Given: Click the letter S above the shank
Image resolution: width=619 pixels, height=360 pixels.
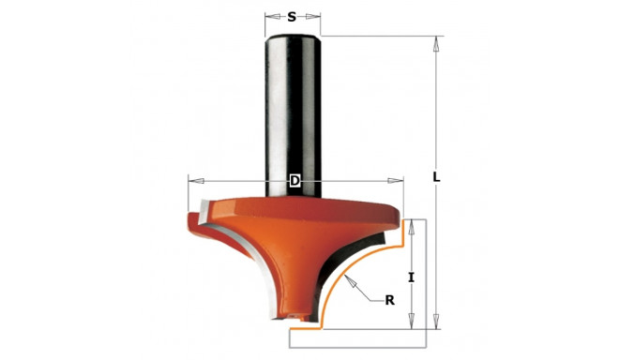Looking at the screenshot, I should pyautogui.click(x=292, y=16).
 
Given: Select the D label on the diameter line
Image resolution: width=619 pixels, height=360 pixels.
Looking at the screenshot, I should pyautogui.click(x=294, y=180).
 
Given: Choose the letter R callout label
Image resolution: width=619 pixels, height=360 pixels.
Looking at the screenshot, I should pyautogui.click(x=389, y=300).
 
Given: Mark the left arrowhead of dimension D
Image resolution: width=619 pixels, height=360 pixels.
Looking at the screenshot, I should pyautogui.click(x=192, y=180).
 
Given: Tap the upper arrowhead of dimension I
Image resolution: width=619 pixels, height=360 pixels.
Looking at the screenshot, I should pyautogui.click(x=412, y=224).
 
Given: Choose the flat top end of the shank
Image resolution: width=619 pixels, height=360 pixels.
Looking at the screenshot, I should pyautogui.click(x=294, y=35).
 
